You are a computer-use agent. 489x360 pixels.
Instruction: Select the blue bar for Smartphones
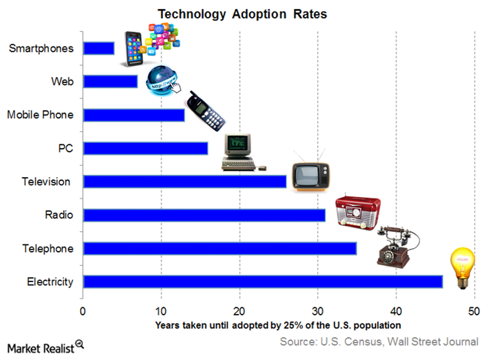pos(99,48)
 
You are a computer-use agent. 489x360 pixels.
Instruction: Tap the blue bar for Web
pos(110,81)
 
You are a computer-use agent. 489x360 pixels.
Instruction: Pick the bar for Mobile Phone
pos(134,115)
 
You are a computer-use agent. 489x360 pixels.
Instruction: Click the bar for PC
pos(145,148)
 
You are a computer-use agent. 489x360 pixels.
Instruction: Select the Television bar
pos(184,181)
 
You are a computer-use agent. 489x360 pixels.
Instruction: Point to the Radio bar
pos(204,215)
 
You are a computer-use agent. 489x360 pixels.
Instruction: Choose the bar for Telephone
pos(219,248)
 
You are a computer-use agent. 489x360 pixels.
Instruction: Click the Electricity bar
pos(262,281)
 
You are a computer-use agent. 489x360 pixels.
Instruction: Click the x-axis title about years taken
pos(278,324)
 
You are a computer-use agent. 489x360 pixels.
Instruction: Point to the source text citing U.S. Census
pos(379,341)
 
